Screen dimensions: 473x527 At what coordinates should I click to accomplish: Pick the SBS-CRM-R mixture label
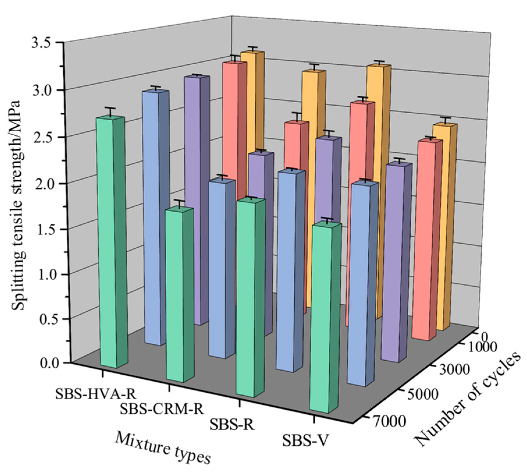pyautogui.click(x=162, y=409)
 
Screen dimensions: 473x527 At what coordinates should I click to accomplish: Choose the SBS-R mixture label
pyautogui.click(x=232, y=424)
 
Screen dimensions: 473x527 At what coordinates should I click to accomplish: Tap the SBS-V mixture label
pyautogui.click(x=305, y=440)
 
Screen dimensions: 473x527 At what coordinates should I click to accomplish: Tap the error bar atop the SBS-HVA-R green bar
pyautogui.click(x=110, y=111)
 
